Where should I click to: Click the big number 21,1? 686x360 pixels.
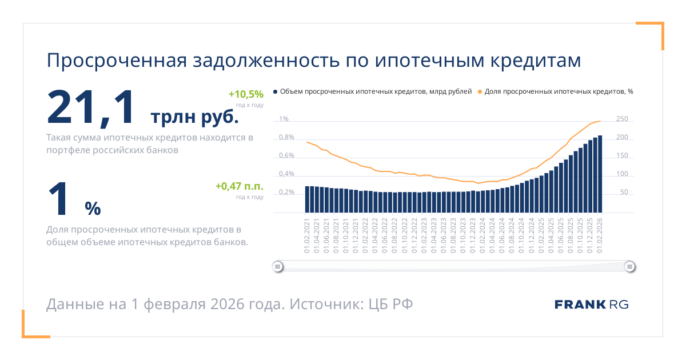click(x=93, y=107)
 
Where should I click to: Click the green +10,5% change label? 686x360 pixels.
click(x=246, y=94)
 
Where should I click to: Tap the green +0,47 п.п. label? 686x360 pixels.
click(x=240, y=186)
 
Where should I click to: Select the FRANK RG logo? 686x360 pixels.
click(x=591, y=305)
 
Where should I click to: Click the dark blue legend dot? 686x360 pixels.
click(x=276, y=91)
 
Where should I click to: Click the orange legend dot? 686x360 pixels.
click(x=480, y=91)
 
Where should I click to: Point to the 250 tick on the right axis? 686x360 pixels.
click(x=622, y=119)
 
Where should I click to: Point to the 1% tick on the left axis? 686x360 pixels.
click(x=284, y=119)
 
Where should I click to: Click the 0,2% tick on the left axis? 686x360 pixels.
click(x=286, y=193)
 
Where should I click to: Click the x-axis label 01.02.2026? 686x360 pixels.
click(x=600, y=235)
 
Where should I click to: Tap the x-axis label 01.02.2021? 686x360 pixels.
click(x=307, y=235)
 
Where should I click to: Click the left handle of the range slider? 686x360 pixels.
click(x=278, y=266)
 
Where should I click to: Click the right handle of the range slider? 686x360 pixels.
click(x=629, y=266)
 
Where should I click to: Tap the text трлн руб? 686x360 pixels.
click(x=194, y=117)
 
